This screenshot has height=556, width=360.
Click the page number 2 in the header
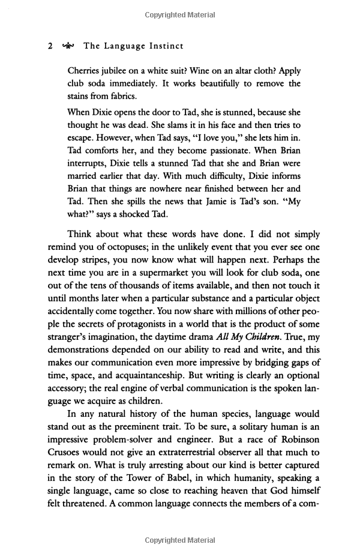[x=50, y=45]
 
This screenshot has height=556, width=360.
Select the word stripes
[x=99, y=261]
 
